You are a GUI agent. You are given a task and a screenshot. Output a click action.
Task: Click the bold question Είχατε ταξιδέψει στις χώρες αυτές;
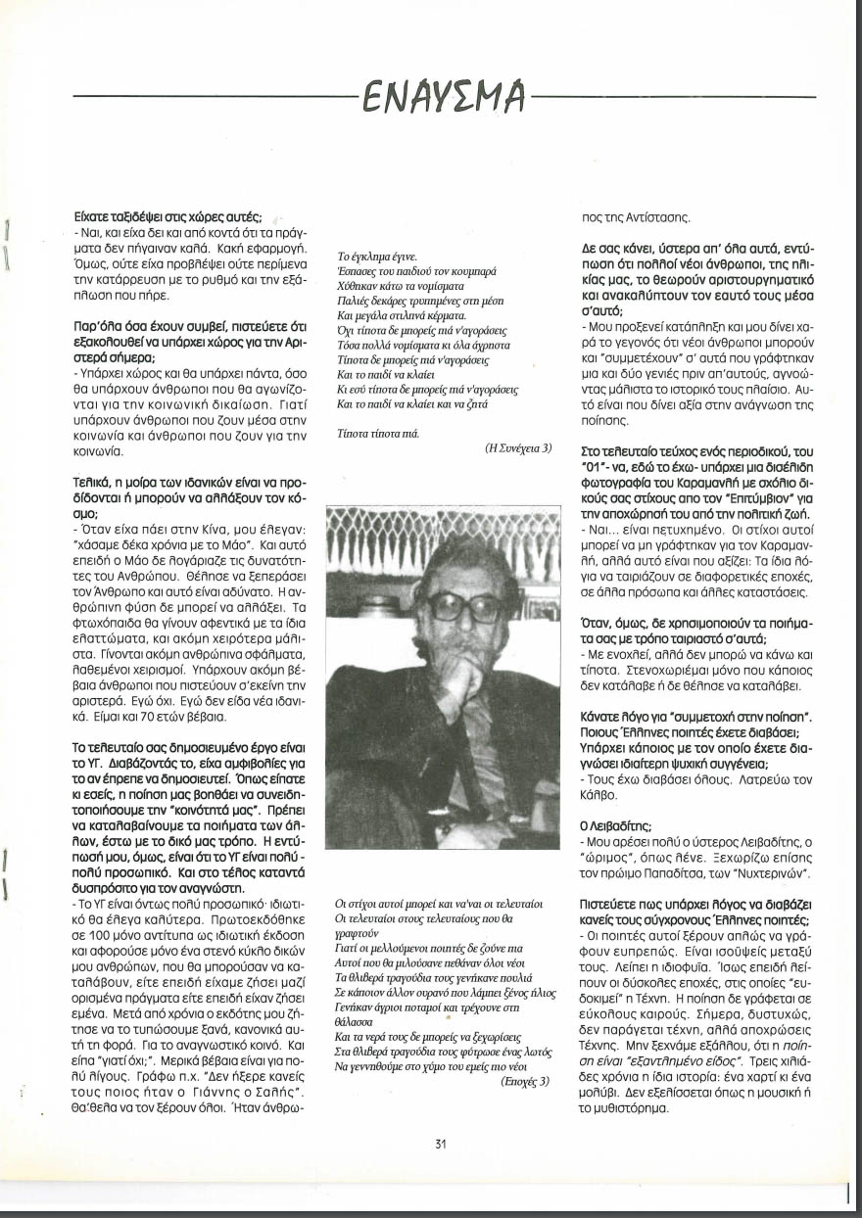point(167,216)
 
